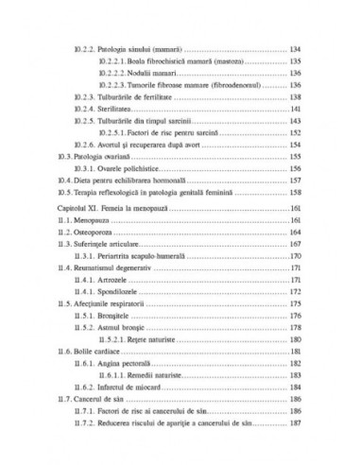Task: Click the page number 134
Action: coord(294,46)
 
